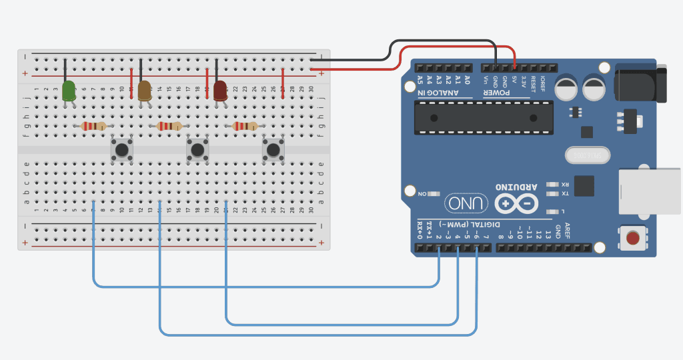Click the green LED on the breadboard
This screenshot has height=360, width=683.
click(69, 91)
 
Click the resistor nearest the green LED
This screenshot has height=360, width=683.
click(93, 126)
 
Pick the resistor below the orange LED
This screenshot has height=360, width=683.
click(169, 126)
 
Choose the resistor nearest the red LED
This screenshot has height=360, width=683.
click(245, 126)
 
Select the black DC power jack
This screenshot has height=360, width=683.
click(640, 83)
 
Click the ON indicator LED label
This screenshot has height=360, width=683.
click(422, 194)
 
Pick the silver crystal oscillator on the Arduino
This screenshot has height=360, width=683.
click(587, 155)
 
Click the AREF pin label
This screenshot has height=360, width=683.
click(567, 229)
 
